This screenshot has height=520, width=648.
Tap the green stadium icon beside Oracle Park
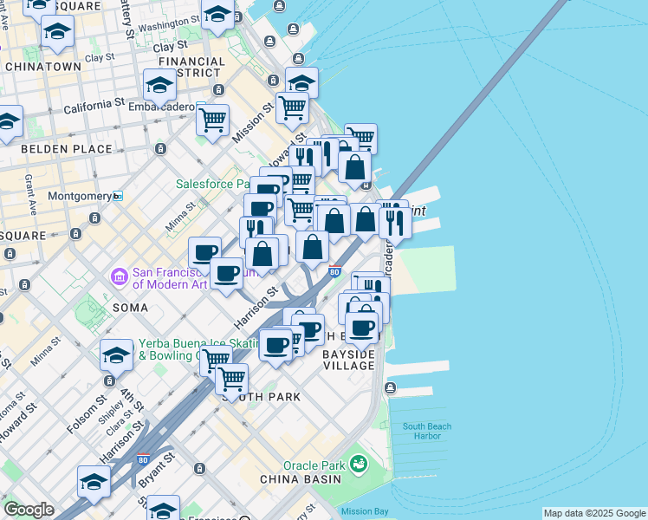click(x=358, y=465)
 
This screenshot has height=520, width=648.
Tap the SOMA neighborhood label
click(x=130, y=308)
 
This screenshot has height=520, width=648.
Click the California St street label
click(x=94, y=107)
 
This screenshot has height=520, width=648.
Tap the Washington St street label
click(x=169, y=26)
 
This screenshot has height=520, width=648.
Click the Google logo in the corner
click(x=29, y=510)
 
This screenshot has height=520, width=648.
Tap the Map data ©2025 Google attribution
click(x=594, y=513)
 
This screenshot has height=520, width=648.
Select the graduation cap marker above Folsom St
click(x=115, y=354)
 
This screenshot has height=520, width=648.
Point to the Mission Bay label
click(x=365, y=511)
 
